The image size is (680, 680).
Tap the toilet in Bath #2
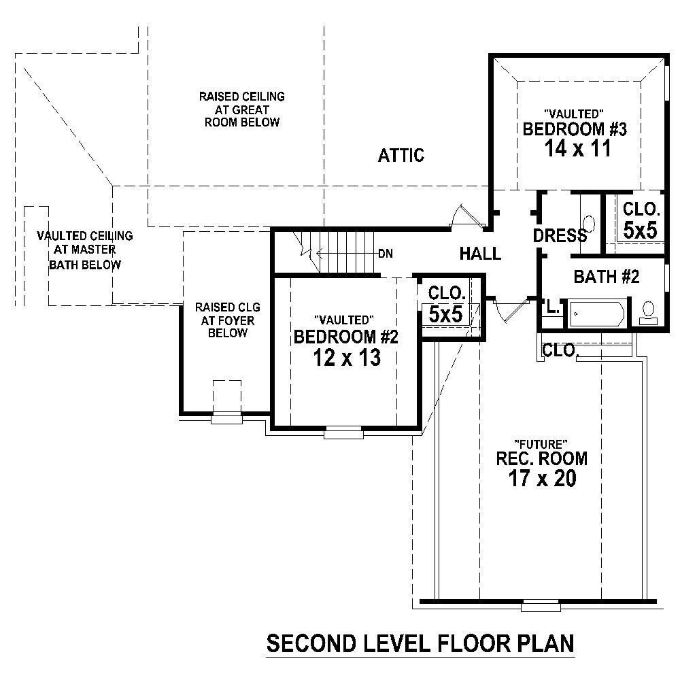(649, 311)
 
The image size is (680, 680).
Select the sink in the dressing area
(589, 223)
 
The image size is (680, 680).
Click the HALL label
(480, 254)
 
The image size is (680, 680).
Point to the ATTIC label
(401, 156)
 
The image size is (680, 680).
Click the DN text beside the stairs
(386, 254)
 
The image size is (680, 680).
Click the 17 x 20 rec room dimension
(541, 478)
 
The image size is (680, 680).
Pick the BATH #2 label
(607, 277)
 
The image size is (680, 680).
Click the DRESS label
(560, 236)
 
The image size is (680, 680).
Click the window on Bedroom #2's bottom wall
(343, 432)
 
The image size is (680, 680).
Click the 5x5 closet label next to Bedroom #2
(446, 313)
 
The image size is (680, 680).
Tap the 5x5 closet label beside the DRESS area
(641, 230)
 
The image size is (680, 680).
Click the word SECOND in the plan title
(309, 643)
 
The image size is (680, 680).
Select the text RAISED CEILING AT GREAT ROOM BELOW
(241, 109)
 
